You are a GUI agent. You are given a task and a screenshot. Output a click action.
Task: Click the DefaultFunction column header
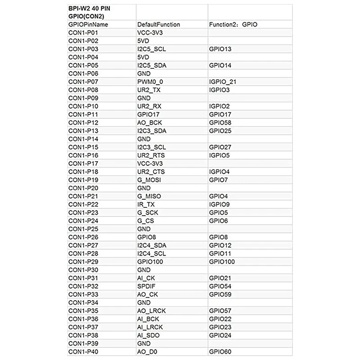pos(158,24)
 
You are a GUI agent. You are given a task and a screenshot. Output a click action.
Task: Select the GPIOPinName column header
pos(88,24)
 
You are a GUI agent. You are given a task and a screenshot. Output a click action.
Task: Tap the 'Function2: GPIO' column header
pos(233,24)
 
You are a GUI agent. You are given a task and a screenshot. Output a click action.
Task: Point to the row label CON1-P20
pos(83,188)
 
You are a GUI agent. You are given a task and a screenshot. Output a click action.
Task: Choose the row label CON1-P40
pos(83,351)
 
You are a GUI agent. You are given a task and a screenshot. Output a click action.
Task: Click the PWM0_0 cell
pos(149,81)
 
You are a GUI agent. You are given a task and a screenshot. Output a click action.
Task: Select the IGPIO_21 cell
pos(222,81)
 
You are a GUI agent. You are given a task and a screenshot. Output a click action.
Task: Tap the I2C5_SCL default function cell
pos(152,49)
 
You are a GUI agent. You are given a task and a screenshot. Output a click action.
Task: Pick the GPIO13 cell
pos(220,49)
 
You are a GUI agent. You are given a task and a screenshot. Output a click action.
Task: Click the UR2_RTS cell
pos(151,155)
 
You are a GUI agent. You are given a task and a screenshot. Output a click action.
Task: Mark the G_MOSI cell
pos(149,180)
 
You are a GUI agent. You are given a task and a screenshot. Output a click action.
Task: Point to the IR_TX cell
pos(145,204)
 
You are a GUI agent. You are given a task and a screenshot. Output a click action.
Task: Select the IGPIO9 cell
pos(219,204)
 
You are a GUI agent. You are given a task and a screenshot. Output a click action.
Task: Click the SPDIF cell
pos(146,286)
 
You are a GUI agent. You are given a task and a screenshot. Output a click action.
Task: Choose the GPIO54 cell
pos(220,286)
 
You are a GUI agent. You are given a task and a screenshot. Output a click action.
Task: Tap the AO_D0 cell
pos(147,351)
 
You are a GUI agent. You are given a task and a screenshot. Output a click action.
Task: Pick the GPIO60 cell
pos(220,351)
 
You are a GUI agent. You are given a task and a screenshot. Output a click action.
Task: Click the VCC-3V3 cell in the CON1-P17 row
pos(149,163)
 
